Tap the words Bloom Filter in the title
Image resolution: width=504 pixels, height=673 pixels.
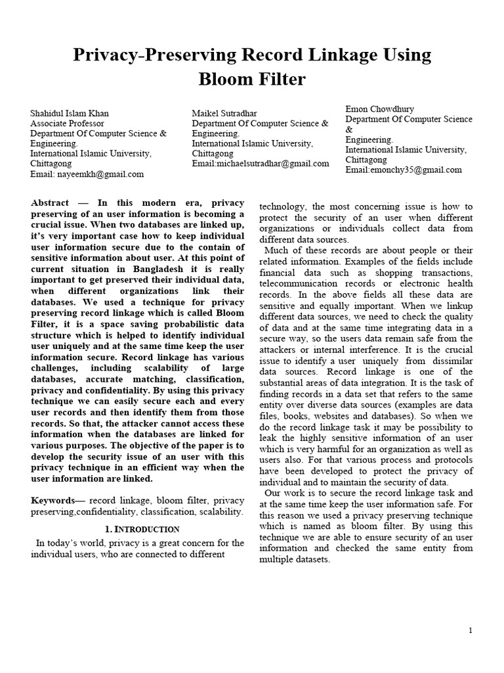[252, 80]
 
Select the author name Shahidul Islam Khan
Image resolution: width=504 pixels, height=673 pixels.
[70, 114]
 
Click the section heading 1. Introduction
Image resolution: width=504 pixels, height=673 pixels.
[142, 529]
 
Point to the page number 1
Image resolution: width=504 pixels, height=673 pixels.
[471, 631]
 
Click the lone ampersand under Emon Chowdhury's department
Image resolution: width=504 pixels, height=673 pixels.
[349, 129]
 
